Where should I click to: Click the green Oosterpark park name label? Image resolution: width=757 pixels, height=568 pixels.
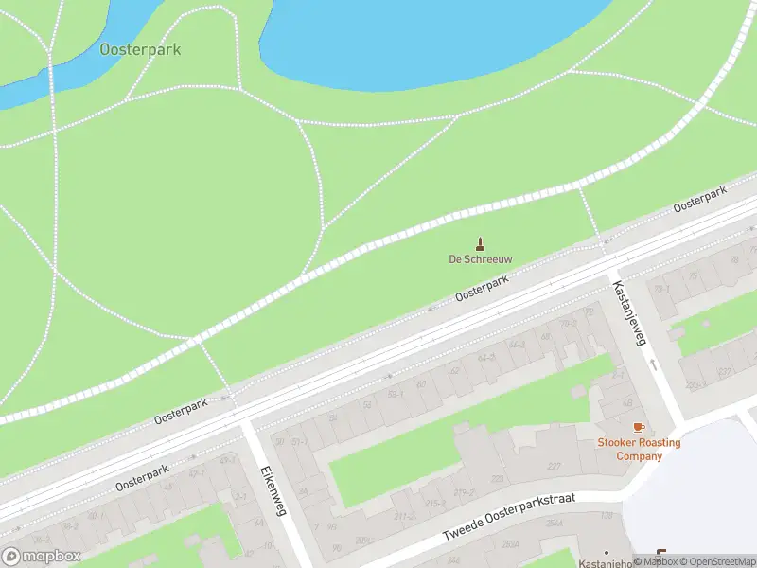coord(140,49)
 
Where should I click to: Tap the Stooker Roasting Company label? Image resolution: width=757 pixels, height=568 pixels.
coord(638,449)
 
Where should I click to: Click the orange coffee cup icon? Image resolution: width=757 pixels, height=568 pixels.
coord(638,428)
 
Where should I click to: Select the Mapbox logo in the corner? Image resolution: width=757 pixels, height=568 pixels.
coord(42,557)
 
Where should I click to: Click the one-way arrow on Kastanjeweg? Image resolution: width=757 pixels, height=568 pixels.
coord(653,364)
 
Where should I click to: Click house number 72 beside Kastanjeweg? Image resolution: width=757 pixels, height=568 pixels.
coord(589,311)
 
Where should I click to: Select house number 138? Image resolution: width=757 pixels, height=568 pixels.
coord(606,515)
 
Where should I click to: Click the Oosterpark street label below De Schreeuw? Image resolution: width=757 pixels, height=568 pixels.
coord(482,289)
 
